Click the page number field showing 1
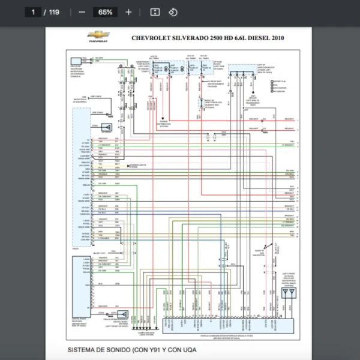34,12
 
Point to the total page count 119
54,12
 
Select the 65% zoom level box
105,12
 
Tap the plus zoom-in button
128,12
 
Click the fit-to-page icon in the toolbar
155,12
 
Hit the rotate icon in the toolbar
173,12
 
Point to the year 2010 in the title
277,38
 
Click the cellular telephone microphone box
76,61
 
